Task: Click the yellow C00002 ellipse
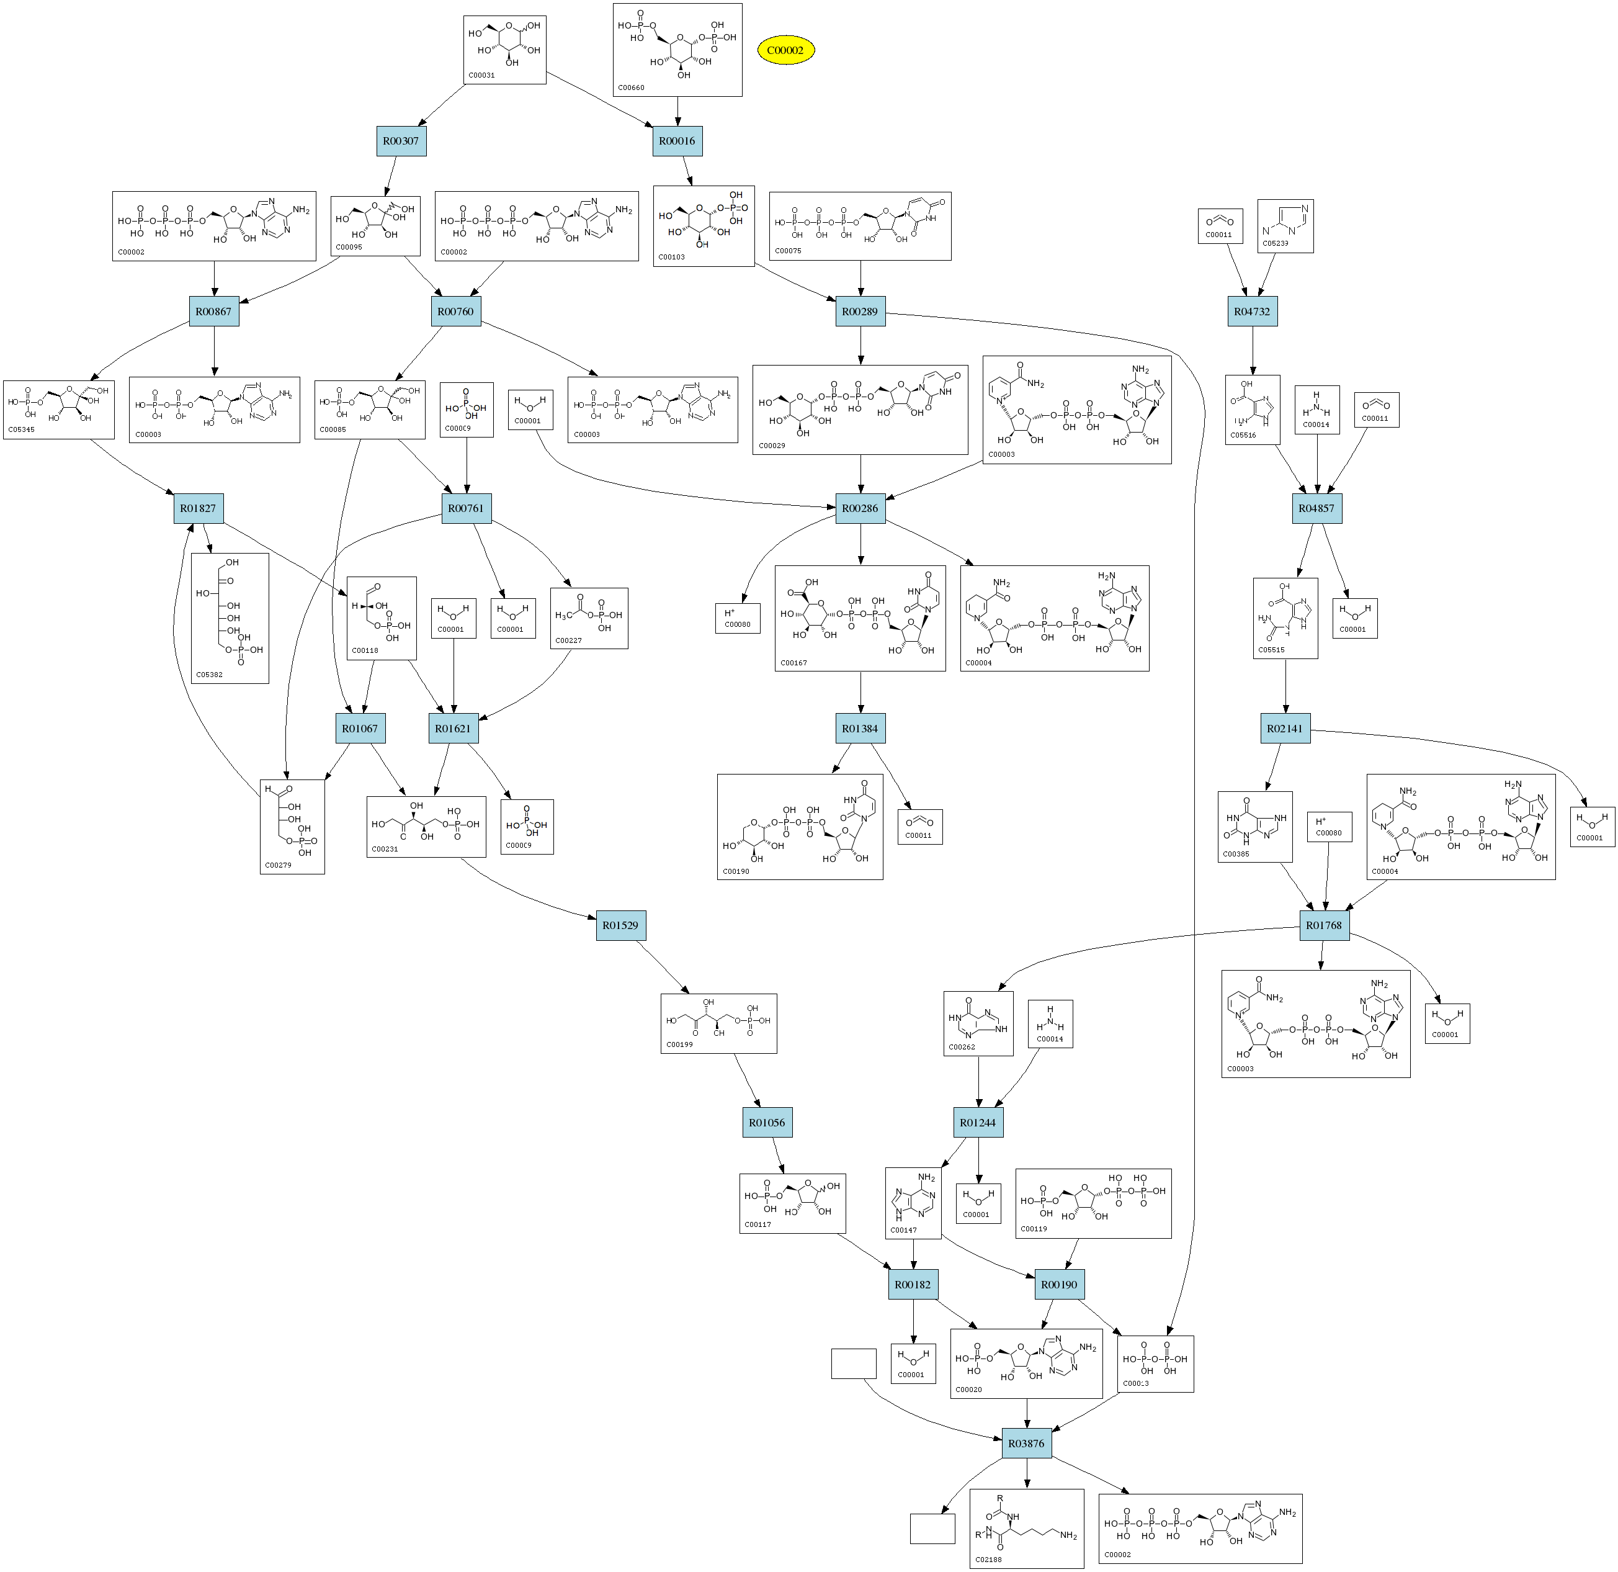pyautogui.click(x=785, y=50)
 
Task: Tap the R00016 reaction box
pyautogui.click(x=677, y=141)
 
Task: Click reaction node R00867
pyautogui.click(x=214, y=312)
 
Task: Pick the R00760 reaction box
pyautogui.click(x=455, y=312)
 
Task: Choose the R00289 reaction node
pyautogui.click(x=860, y=312)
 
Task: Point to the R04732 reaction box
pyautogui.click(x=1251, y=312)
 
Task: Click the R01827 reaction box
pyautogui.click(x=198, y=508)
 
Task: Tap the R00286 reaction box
pyautogui.click(x=860, y=508)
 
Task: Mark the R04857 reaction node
pyautogui.click(x=1316, y=508)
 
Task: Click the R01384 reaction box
pyautogui.click(x=860, y=728)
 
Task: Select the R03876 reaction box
pyautogui.click(x=1026, y=1443)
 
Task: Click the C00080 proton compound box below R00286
pyautogui.click(x=737, y=618)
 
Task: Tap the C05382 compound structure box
pyautogui.click(x=230, y=618)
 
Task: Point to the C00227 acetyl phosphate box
pyautogui.click(x=589, y=618)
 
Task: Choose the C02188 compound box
pyautogui.click(x=1026, y=1528)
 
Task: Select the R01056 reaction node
pyautogui.click(x=767, y=1122)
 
